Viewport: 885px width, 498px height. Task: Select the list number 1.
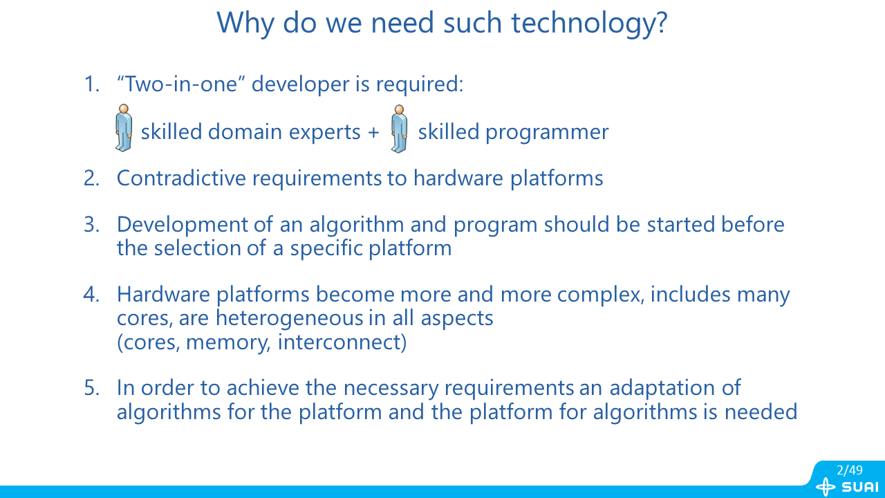(92, 84)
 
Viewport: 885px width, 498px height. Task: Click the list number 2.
(92, 178)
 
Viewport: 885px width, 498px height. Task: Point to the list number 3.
(92, 225)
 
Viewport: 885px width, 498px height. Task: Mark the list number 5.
(92, 388)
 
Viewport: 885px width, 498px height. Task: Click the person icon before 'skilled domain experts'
(124, 128)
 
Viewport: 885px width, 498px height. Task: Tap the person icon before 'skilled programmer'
(399, 129)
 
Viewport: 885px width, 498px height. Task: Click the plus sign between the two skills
(373, 132)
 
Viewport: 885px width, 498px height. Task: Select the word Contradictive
(181, 178)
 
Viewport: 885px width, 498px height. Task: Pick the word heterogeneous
(289, 317)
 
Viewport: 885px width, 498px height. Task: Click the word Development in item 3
(182, 225)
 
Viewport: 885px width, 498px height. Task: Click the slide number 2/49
(850, 470)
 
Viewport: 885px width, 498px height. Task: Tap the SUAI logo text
(860, 487)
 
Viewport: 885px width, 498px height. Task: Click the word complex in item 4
(601, 295)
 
